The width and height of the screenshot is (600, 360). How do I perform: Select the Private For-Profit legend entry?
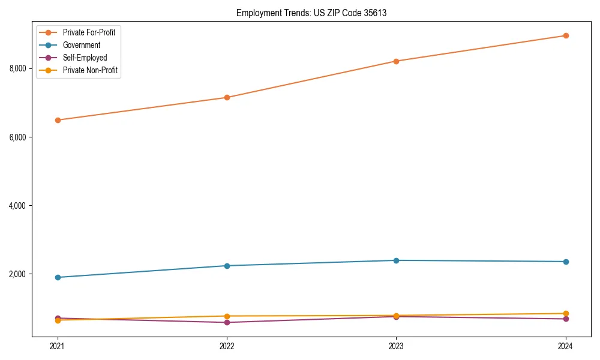pyautogui.click(x=89, y=32)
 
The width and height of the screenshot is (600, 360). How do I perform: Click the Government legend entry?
pyautogui.click(x=81, y=45)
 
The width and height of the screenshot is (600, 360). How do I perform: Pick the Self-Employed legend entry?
pyautogui.click(x=85, y=58)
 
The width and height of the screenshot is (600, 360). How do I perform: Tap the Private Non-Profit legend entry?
pyautogui.click(x=90, y=70)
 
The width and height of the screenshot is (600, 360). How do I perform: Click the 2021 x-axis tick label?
pyautogui.click(x=58, y=346)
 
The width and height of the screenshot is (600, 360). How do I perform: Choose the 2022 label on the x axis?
pyautogui.click(x=227, y=346)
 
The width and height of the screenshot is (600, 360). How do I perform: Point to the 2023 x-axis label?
pyautogui.click(x=396, y=346)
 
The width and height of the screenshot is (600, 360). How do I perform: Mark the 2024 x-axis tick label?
pyautogui.click(x=565, y=346)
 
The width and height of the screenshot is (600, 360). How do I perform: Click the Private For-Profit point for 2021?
pyautogui.click(x=58, y=120)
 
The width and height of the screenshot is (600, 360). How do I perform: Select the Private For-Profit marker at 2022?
pyautogui.click(x=227, y=97)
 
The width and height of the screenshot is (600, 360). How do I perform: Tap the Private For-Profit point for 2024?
pyautogui.click(x=565, y=35)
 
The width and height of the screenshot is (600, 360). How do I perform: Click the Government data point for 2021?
pyautogui.click(x=58, y=277)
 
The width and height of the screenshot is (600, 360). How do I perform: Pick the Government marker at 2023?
pyautogui.click(x=396, y=260)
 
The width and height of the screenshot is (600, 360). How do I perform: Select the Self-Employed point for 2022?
pyautogui.click(x=227, y=322)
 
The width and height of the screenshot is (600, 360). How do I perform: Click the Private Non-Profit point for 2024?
pyautogui.click(x=565, y=313)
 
